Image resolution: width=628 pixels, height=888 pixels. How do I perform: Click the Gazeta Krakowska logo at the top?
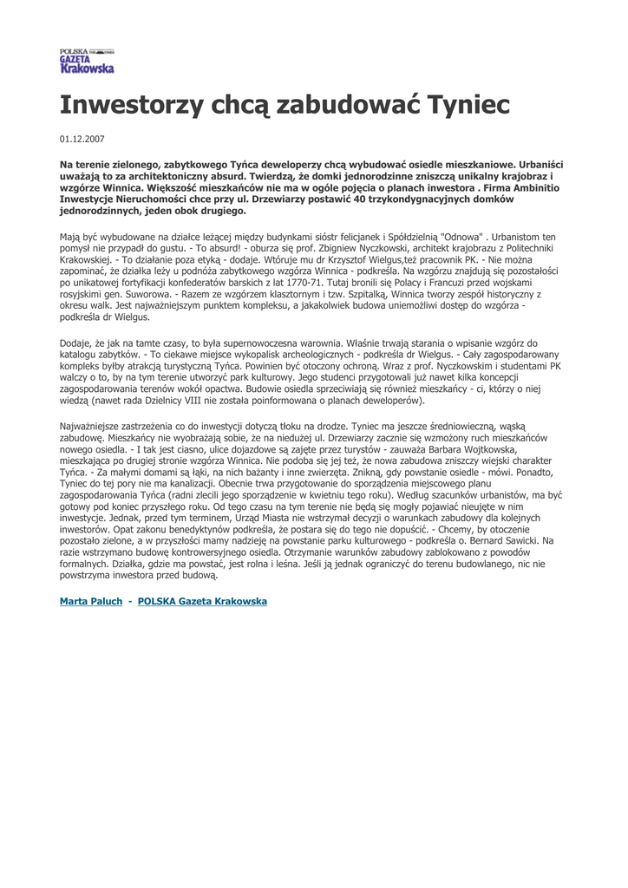point(87,61)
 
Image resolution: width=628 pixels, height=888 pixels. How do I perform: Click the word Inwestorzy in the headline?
point(121,106)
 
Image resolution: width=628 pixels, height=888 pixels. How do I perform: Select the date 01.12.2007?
point(82,139)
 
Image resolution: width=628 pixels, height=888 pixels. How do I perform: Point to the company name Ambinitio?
point(518,186)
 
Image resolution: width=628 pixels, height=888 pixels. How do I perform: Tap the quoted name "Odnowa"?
point(462,236)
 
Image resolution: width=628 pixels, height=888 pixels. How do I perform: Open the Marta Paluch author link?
point(91,601)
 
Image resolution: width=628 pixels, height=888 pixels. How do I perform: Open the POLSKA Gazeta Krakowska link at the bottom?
point(202,601)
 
